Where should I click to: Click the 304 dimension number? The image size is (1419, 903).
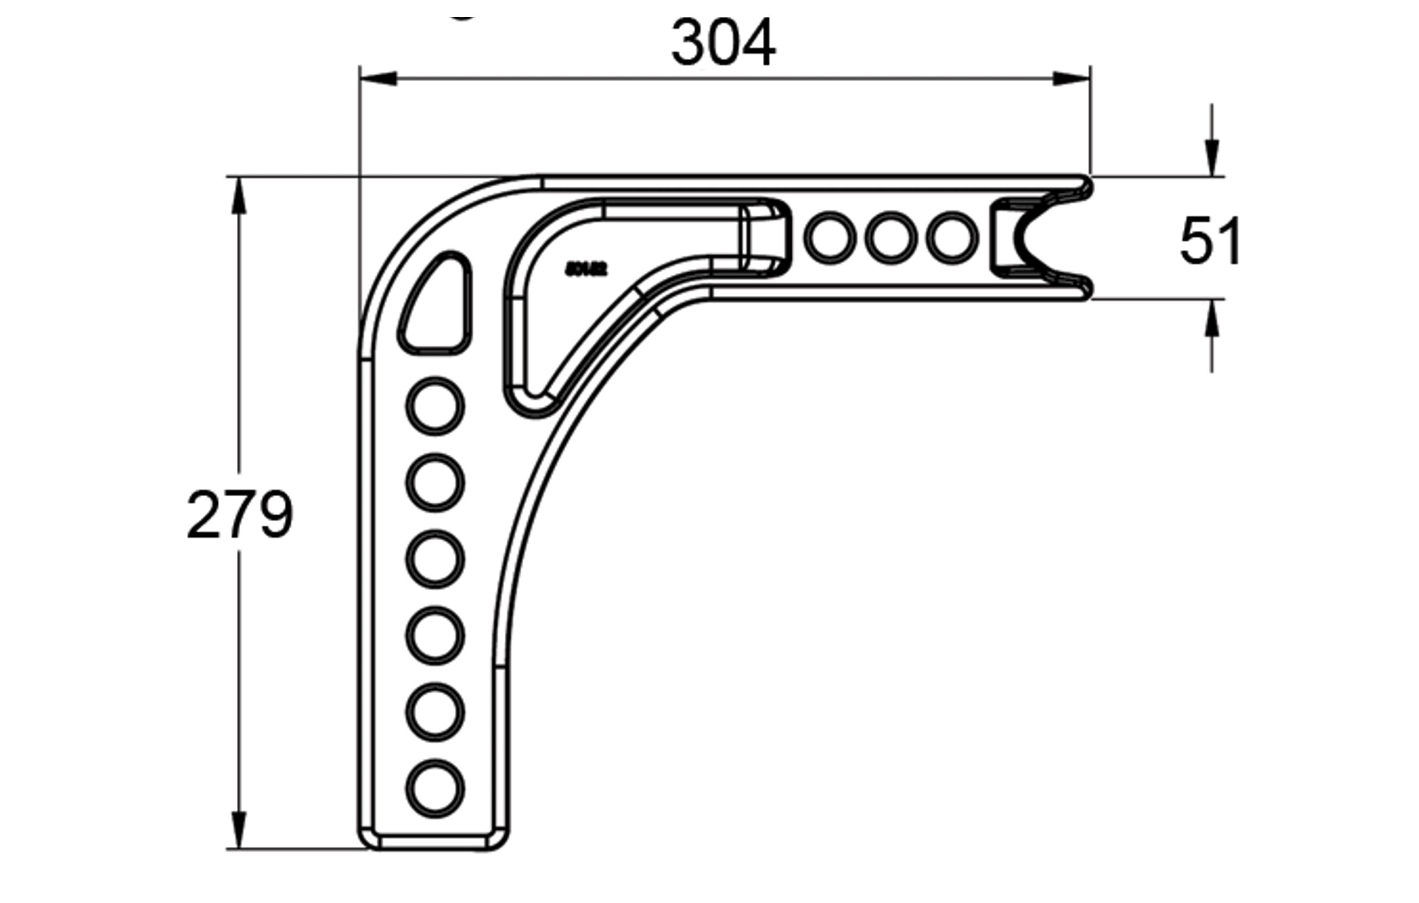point(723,44)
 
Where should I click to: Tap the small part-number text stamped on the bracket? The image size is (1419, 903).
point(586,270)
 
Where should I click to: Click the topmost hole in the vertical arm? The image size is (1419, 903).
point(436,407)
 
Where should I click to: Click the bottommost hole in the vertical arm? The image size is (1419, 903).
point(436,789)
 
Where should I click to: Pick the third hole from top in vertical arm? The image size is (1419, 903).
point(436,559)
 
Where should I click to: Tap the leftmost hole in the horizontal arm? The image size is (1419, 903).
point(830,238)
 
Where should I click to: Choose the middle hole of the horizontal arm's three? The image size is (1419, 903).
point(891,238)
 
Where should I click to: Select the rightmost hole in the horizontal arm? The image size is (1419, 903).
point(952,238)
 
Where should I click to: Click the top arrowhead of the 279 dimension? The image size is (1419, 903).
point(238,194)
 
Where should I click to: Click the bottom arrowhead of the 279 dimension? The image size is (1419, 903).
point(238,831)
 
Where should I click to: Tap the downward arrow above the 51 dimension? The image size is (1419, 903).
point(1212,157)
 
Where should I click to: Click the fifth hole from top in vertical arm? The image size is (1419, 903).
point(436,712)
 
